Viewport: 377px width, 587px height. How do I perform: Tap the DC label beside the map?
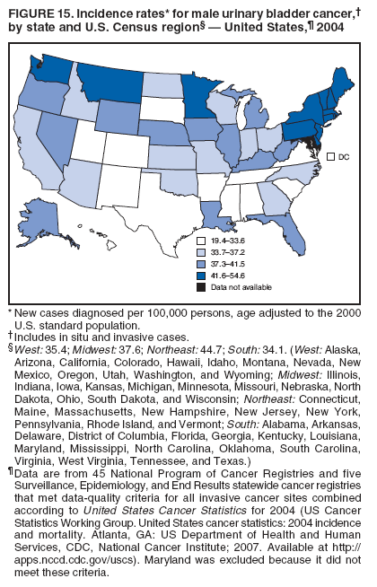[344, 157]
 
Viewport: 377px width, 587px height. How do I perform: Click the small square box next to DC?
[330, 157]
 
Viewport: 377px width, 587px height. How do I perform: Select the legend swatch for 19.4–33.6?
[202, 242]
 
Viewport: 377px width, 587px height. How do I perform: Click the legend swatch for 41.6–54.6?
[202, 276]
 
